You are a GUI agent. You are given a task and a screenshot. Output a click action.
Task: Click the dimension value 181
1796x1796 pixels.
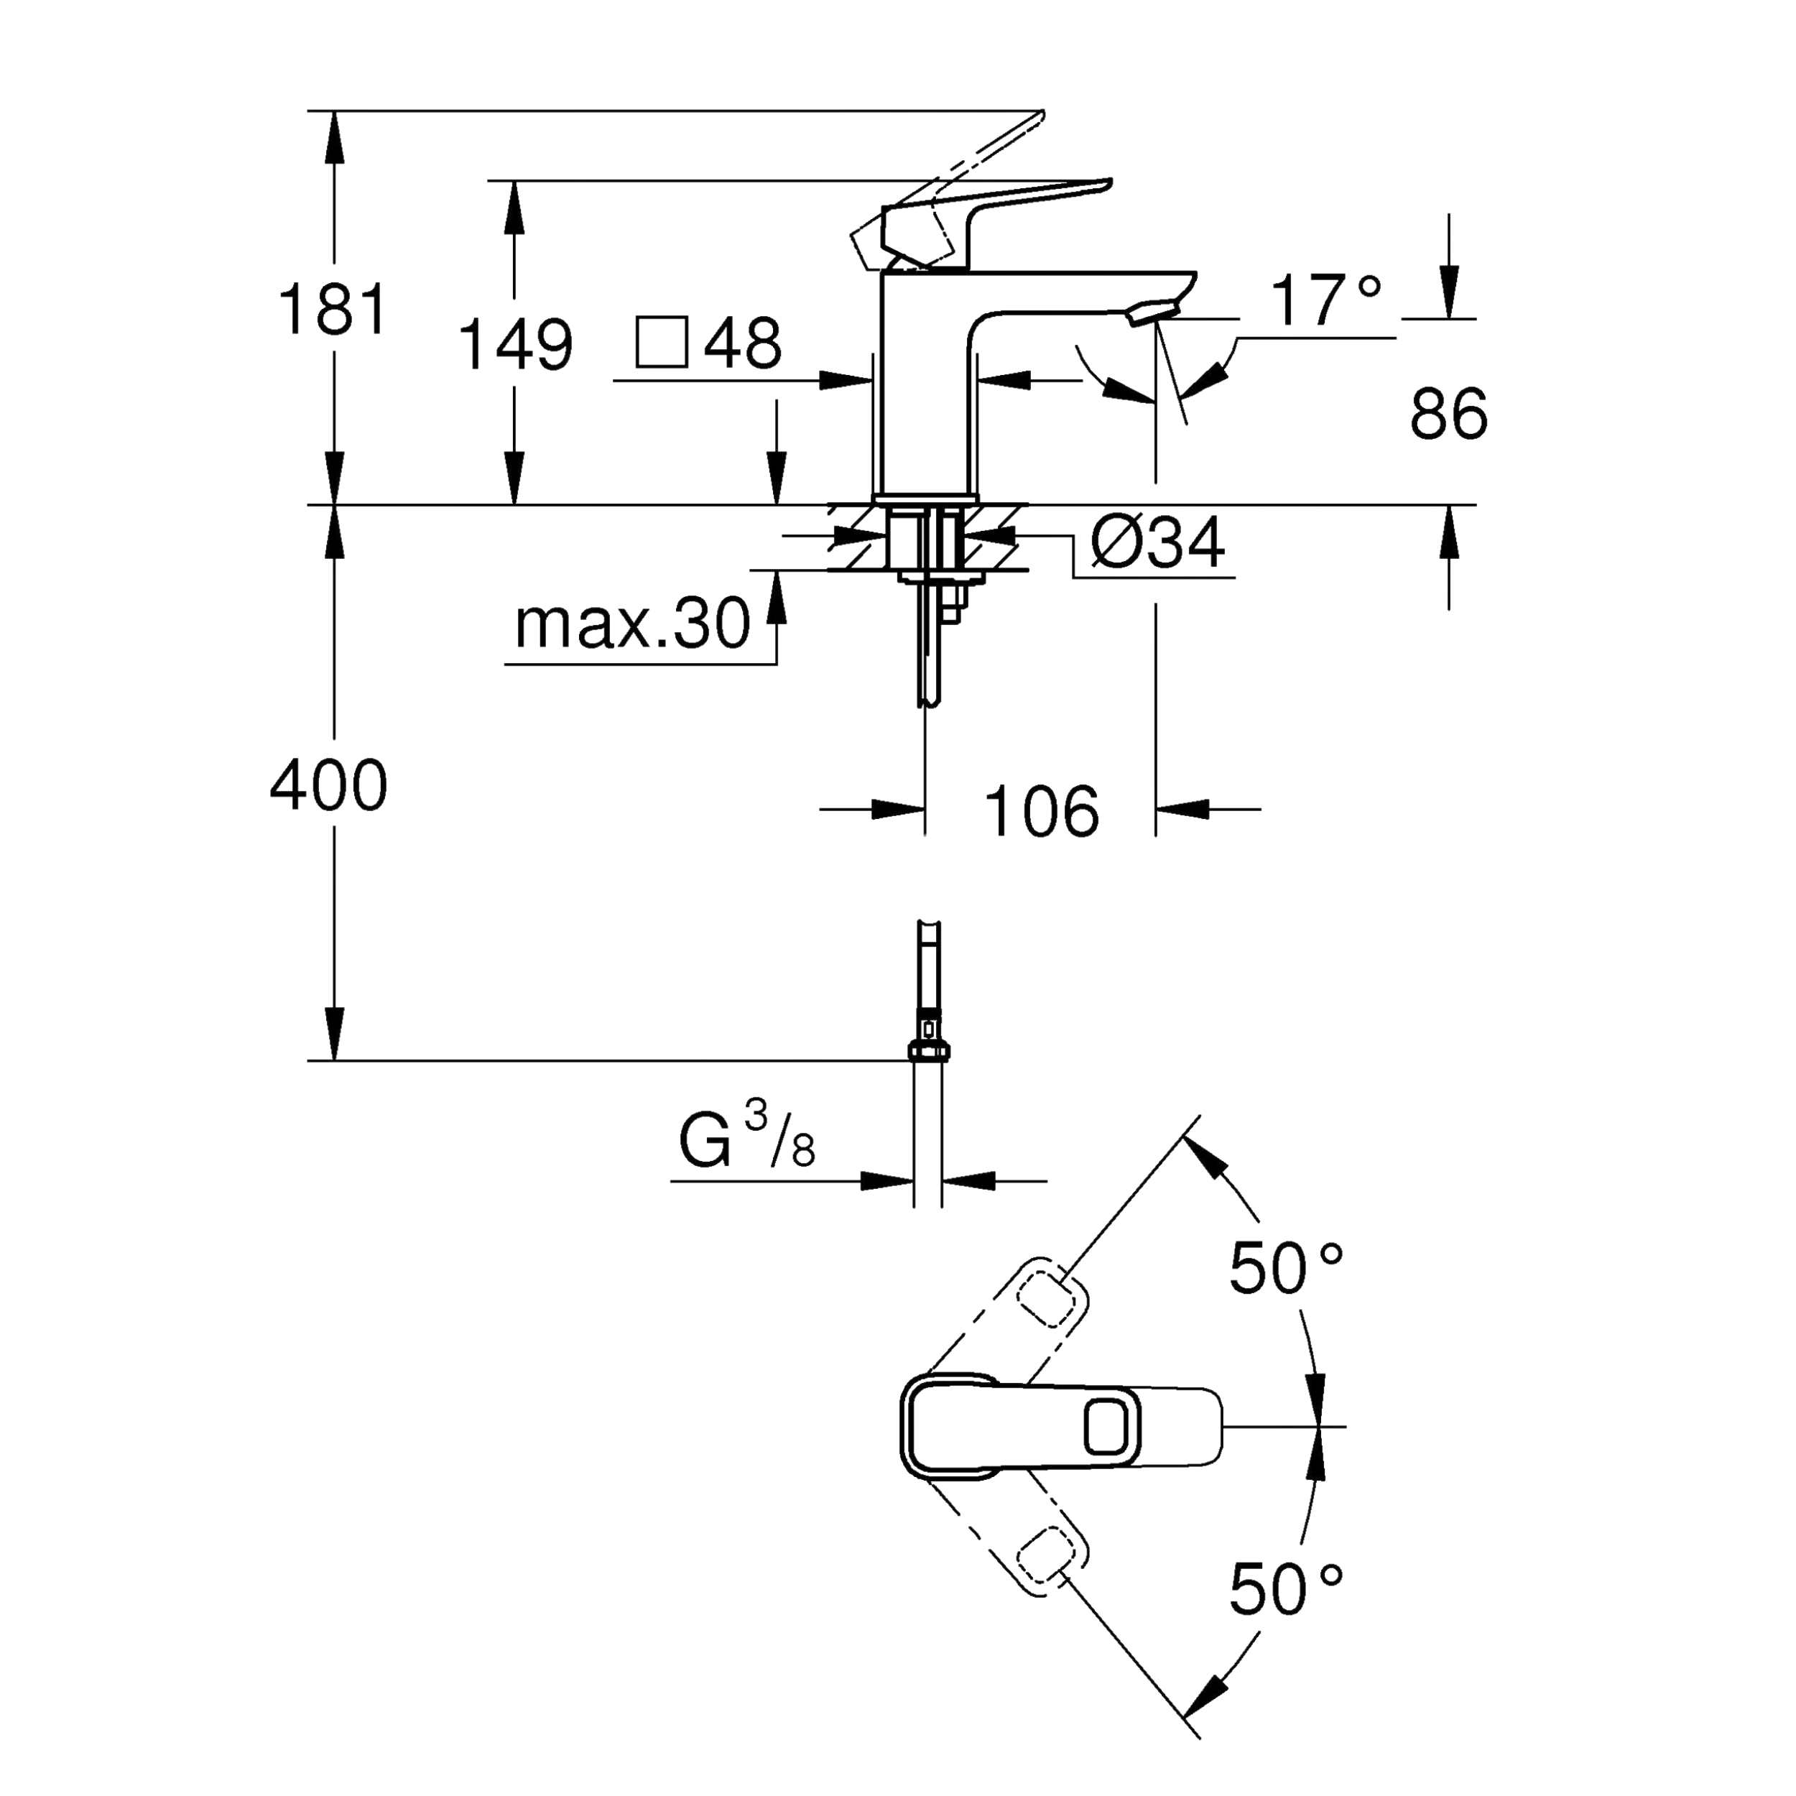pyautogui.click(x=332, y=310)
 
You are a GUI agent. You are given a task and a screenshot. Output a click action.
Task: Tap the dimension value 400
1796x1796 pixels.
pyautogui.click(x=328, y=785)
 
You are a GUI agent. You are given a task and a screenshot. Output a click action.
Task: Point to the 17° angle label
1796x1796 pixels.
pyautogui.click(x=1325, y=300)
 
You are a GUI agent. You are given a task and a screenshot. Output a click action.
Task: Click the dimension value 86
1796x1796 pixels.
pyautogui.click(x=1448, y=415)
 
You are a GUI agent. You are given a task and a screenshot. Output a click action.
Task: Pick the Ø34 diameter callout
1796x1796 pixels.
pyautogui.click(x=1157, y=543)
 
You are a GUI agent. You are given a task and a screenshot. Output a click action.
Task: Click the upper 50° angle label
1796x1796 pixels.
pyautogui.click(x=1286, y=1268)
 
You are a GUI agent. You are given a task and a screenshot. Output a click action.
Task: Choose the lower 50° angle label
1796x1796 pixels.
pyautogui.click(x=1286, y=1590)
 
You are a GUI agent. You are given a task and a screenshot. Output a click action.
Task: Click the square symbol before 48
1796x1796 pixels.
pyautogui.click(x=661, y=342)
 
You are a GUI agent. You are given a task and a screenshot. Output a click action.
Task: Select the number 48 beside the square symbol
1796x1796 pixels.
pyautogui.click(x=742, y=342)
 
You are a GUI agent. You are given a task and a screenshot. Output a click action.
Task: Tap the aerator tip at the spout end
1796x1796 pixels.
pyautogui.click(x=1153, y=313)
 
